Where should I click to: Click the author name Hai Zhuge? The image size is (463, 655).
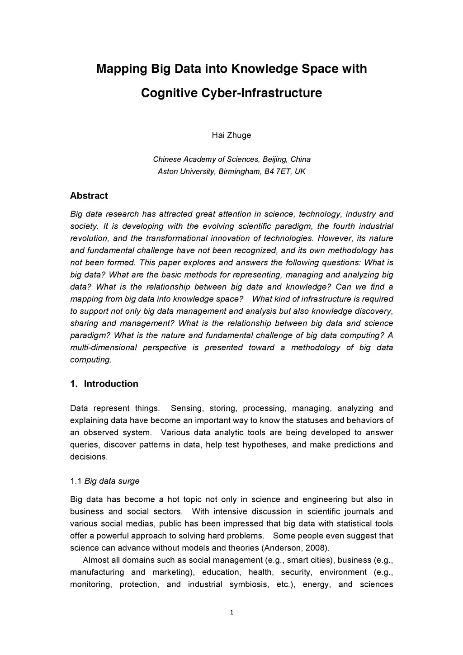pyautogui.click(x=231, y=135)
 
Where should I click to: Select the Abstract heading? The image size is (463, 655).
pyautogui.click(x=89, y=196)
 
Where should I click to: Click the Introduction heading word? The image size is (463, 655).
pyautogui.click(x=111, y=384)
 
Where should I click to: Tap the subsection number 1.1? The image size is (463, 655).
pyautogui.click(x=76, y=481)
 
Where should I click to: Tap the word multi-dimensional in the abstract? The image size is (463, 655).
pyautogui.click(x=104, y=348)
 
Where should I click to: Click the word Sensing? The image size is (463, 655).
pyautogui.click(x=185, y=408)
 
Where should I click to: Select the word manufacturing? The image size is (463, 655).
pyautogui.click(x=97, y=572)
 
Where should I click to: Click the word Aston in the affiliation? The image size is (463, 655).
pyautogui.click(x=167, y=171)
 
